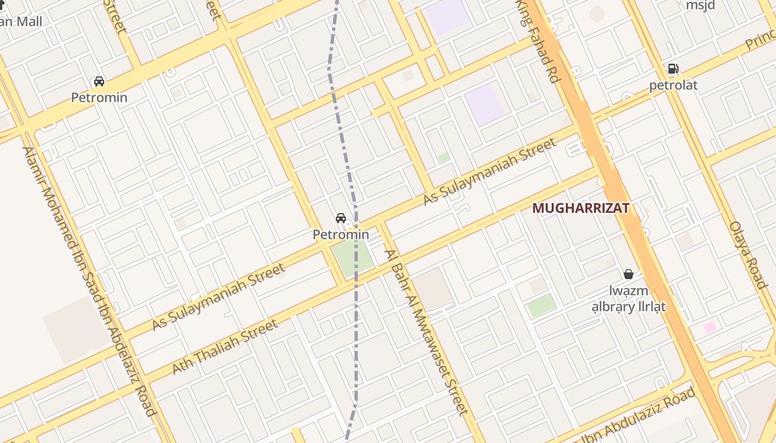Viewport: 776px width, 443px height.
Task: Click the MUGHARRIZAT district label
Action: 580,208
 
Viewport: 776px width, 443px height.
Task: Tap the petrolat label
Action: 673,85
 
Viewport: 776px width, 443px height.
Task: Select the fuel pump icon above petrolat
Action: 673,69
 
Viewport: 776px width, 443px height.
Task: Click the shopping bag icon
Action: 629,274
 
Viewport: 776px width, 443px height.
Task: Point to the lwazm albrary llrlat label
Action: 629,298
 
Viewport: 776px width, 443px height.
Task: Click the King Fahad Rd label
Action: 538,42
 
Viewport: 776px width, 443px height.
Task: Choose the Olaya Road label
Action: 748,255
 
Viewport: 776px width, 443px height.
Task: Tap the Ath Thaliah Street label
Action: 225,347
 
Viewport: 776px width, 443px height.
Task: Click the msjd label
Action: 701,6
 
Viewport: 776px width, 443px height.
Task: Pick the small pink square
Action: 710,327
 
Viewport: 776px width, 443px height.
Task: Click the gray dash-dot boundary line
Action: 355,332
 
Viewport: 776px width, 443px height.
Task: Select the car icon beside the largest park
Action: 341,218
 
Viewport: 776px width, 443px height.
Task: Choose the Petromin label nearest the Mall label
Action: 99,97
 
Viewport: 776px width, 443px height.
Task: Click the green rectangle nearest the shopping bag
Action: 542,306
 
